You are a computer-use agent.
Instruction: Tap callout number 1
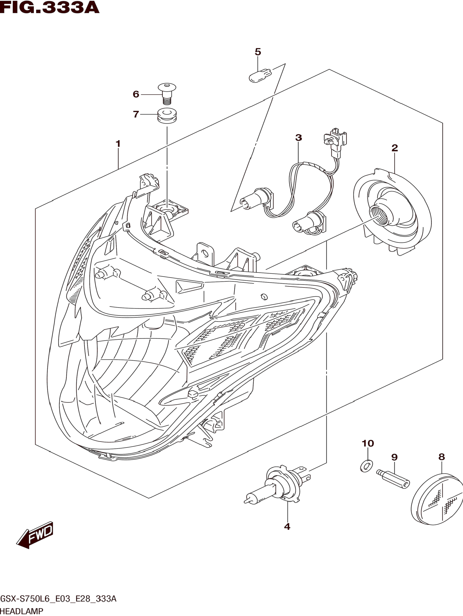point(118,144)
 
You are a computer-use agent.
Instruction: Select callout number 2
point(395,148)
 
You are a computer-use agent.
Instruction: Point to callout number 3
point(298,138)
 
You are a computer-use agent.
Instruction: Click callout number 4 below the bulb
point(287,527)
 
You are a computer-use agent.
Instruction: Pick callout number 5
point(258,52)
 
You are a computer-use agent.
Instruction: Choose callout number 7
point(136,114)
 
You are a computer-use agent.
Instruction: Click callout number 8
point(442,457)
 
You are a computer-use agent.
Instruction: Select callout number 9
point(394,457)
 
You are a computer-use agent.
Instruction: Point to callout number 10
point(368,443)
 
